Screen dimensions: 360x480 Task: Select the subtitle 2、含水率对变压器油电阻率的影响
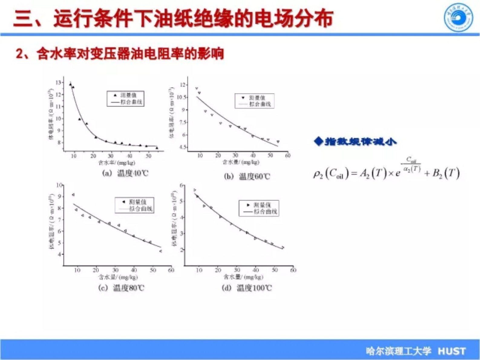click(120, 54)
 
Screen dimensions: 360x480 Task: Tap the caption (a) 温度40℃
click(125, 173)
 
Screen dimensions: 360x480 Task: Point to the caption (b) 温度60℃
click(247, 176)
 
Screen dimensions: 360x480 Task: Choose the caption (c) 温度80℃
click(121, 288)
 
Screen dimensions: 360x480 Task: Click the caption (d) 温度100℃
click(247, 288)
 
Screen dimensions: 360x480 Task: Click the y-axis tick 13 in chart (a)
click(58, 83)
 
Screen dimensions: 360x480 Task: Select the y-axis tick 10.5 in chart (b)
click(181, 97)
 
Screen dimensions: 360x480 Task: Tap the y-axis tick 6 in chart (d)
click(182, 185)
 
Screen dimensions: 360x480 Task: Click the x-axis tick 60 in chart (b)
click(287, 155)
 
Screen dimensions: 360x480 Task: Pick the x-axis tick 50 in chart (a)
click(148, 156)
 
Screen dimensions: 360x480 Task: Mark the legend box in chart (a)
click(125, 99)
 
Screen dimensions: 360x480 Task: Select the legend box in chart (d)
click(259, 208)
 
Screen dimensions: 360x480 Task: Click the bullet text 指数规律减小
click(360, 141)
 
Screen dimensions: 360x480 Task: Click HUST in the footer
click(452, 351)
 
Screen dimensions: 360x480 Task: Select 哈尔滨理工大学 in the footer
click(398, 351)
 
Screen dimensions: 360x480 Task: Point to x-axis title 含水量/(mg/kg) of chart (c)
click(118, 277)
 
